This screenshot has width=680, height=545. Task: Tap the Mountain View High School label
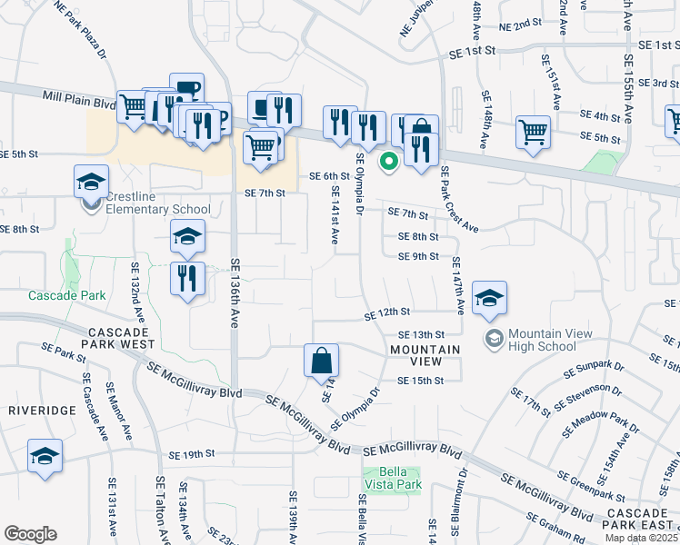pyautogui.click(x=549, y=340)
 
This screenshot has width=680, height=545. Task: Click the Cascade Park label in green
pyautogui.click(x=66, y=295)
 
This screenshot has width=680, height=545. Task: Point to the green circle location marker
pyautogui.click(x=388, y=162)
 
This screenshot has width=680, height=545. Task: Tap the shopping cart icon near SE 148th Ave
pyautogui.click(x=533, y=131)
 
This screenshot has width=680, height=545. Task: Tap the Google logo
pyautogui.click(x=30, y=534)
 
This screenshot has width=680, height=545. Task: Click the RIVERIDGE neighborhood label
pyautogui.click(x=43, y=411)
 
